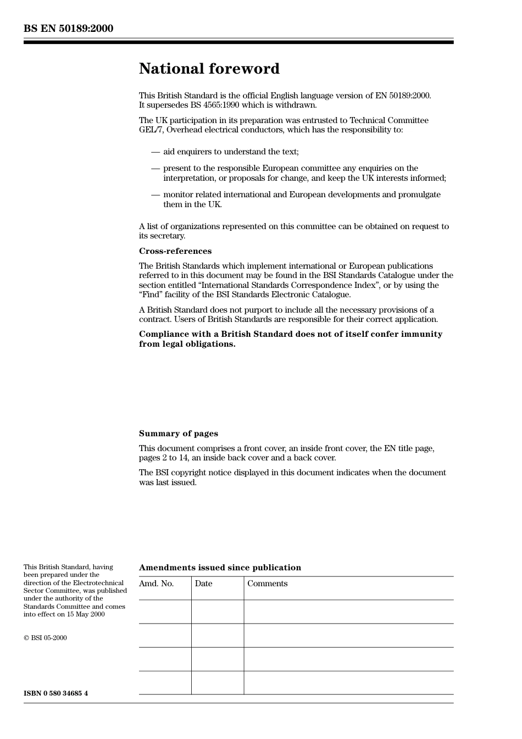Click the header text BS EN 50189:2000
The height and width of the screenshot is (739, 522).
point(68,29)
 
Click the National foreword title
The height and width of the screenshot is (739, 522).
point(209,69)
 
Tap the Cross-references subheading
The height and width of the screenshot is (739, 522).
point(175,251)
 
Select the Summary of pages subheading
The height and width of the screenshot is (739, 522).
point(178,434)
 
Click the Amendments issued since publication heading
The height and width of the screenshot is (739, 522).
point(220,568)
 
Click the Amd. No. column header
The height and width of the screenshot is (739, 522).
point(156,584)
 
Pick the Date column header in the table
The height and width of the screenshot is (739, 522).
point(203,584)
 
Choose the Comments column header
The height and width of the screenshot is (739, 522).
point(267,584)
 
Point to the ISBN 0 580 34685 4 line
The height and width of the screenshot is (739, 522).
point(55,693)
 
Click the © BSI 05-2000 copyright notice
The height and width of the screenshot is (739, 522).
point(45,638)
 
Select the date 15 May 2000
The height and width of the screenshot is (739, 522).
point(86,614)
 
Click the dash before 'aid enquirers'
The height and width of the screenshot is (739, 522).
point(156,152)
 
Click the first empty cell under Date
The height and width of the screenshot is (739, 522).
point(218,612)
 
